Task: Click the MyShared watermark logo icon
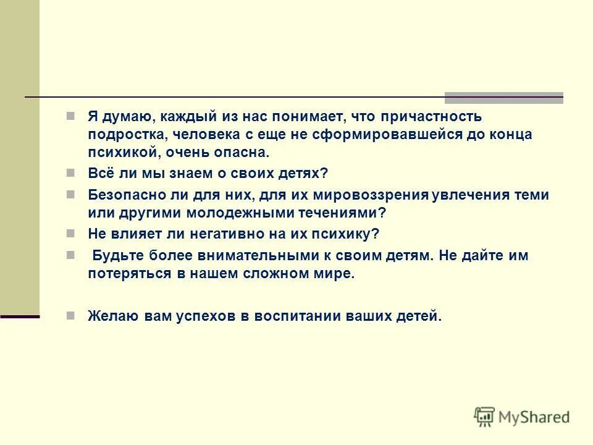click(485, 417)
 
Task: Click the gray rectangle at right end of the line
click(504, 98)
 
